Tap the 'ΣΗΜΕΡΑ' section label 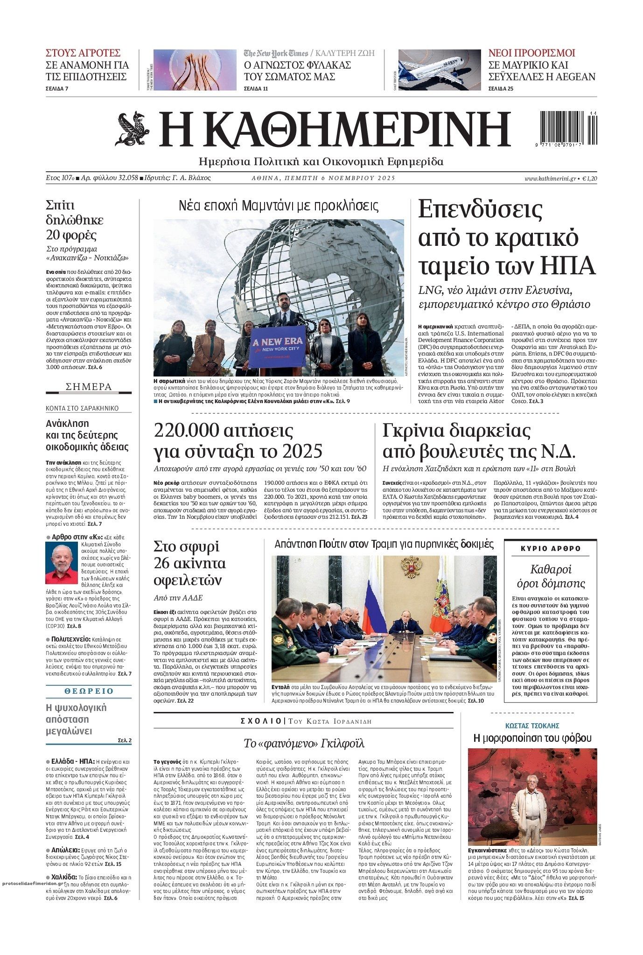click(89, 387)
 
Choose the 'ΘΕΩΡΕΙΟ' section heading click(89, 691)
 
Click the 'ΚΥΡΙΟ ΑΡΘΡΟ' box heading click(551, 549)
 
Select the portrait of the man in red click(61, 563)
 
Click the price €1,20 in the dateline click(589, 178)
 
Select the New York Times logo click(276, 53)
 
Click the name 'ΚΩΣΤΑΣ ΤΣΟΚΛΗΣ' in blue click(532, 725)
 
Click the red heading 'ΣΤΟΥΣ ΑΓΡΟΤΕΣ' click(83, 53)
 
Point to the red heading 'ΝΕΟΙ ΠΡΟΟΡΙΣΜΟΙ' click(531, 53)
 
